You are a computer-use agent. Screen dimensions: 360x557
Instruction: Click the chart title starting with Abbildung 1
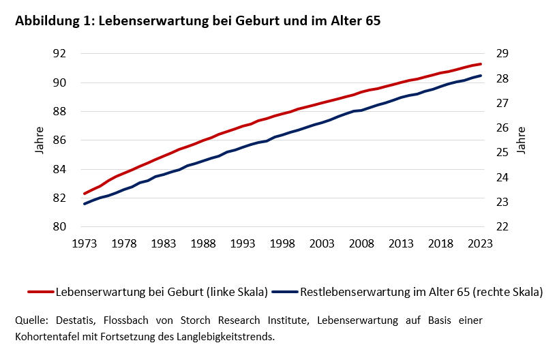pyautogui.click(x=197, y=21)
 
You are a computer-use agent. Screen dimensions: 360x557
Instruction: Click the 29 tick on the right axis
pyautogui.click(x=503, y=54)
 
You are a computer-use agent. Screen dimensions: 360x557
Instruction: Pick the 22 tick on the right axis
pyautogui.click(x=503, y=227)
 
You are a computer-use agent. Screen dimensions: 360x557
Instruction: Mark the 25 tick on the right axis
pyautogui.click(x=503, y=153)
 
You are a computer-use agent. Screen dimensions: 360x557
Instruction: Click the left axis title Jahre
pyautogui.click(x=40, y=140)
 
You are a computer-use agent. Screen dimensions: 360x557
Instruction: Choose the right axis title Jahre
pyautogui.click(x=522, y=140)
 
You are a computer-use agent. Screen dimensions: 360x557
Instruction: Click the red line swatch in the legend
pyautogui.click(x=41, y=292)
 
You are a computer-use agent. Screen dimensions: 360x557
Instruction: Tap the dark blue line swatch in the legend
pyautogui.click(x=284, y=292)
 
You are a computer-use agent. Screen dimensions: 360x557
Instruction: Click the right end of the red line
pyautogui.click(x=481, y=64)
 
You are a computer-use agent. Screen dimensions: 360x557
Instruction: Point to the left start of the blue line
pyautogui.click(x=85, y=203)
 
